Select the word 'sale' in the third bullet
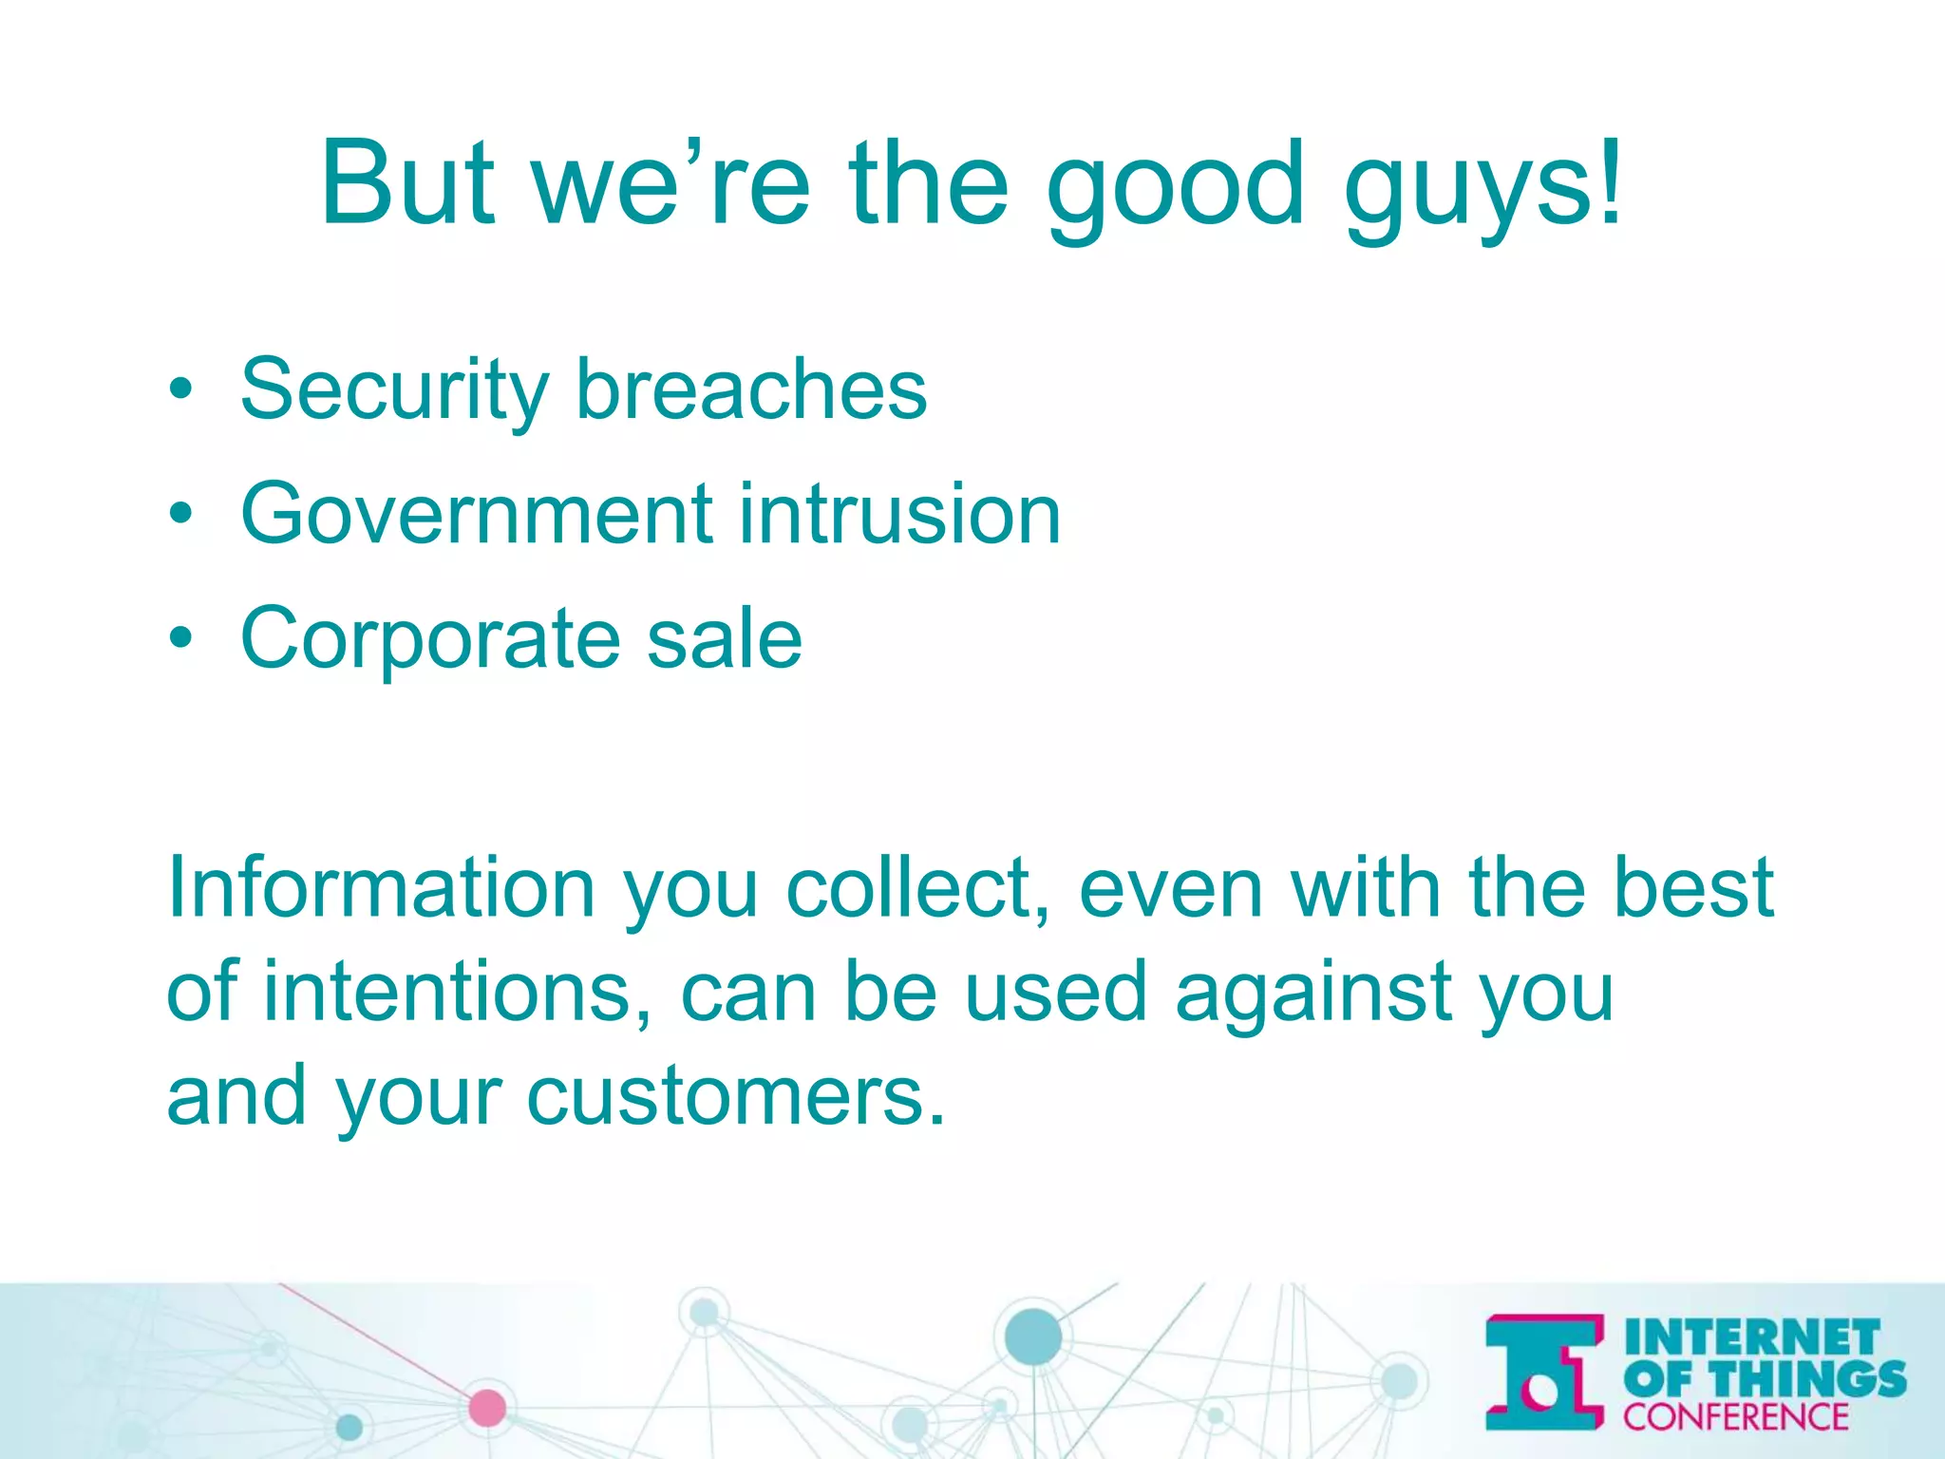click(x=725, y=638)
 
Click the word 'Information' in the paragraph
click(x=381, y=888)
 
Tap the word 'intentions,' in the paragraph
click(x=457, y=993)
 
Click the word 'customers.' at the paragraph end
click(x=736, y=1097)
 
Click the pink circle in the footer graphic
click(x=487, y=1407)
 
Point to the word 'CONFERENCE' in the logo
click(x=1736, y=1416)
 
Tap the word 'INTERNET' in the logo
click(x=1752, y=1337)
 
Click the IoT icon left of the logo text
click(x=1544, y=1372)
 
